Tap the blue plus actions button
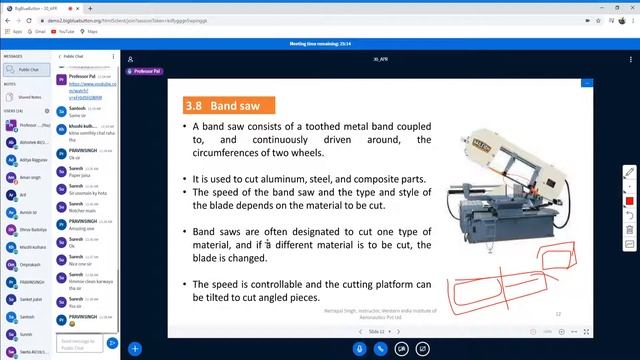pos(134,349)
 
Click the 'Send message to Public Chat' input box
pos(80,344)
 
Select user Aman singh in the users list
pos(31,177)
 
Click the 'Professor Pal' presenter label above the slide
pos(146,72)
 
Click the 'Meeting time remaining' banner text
pos(319,44)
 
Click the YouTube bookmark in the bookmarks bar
pos(66,31)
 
